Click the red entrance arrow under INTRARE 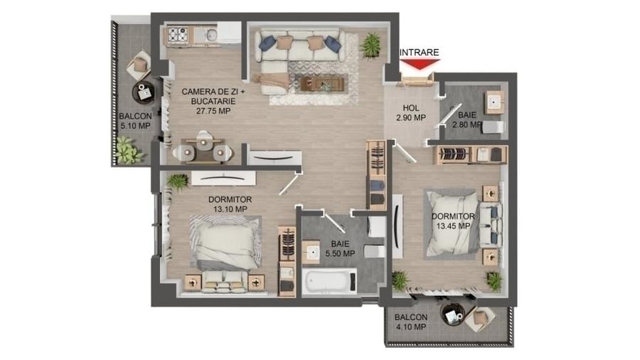[419, 64]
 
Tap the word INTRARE [419, 52]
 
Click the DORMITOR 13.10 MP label [228, 204]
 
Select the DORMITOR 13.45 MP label [453, 221]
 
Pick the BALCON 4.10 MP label [410, 322]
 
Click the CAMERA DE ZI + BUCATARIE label [208, 100]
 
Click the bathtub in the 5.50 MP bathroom [329, 282]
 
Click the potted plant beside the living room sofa [370, 45]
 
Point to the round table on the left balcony [144, 92]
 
